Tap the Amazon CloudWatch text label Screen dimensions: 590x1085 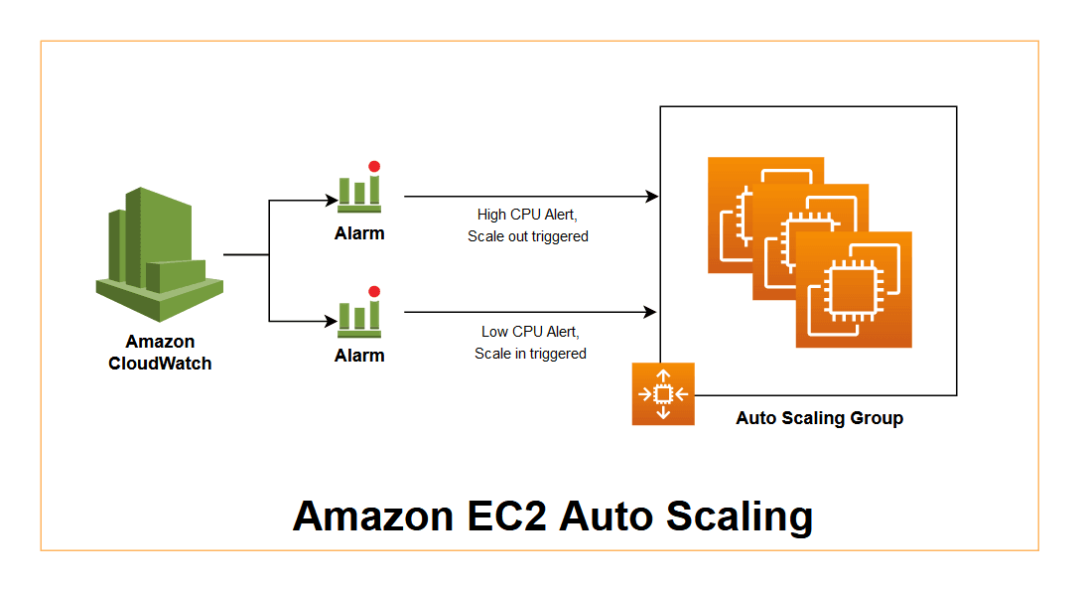(160, 353)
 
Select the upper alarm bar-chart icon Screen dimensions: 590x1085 (358, 193)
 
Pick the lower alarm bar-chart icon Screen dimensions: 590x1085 (358, 315)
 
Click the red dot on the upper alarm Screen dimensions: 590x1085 (374, 167)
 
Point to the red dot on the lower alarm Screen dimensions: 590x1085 (374, 291)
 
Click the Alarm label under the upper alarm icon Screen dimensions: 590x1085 (359, 234)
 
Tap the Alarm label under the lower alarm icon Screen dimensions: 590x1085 (359, 356)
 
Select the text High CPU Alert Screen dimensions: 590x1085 (527, 215)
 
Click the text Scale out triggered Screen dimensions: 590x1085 (528, 236)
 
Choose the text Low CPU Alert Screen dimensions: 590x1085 (529, 332)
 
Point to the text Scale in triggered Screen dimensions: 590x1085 (530, 354)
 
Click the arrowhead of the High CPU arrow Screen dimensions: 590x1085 (652, 197)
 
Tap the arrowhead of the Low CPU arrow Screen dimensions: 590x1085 (651, 313)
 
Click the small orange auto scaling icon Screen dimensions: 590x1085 (663, 394)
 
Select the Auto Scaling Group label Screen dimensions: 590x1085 (819, 418)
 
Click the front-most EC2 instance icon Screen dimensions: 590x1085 (854, 289)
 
